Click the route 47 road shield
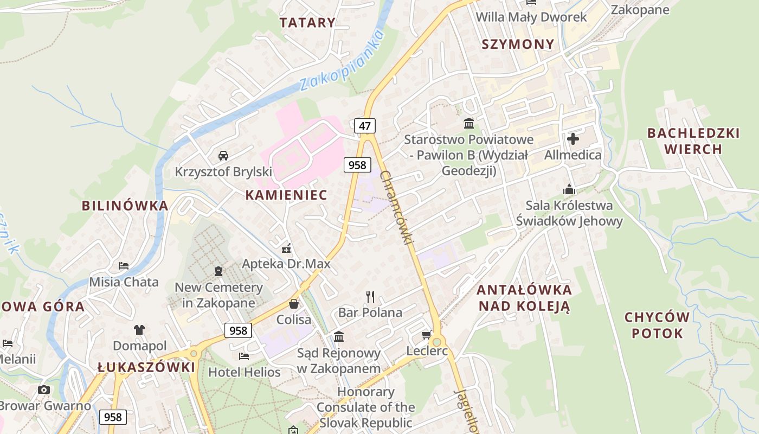365,126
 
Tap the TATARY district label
307,23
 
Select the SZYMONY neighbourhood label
518,44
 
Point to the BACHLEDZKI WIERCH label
693,141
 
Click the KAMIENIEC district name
286,195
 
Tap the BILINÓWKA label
125,206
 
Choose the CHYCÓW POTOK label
657,325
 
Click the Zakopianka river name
342,61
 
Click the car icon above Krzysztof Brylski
223,156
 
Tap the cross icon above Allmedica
573,139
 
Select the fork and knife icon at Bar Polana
370,296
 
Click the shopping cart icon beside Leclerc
427,335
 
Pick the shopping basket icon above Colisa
294,304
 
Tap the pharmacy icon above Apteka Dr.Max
286,248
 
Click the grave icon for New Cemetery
218,271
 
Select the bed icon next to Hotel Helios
244,356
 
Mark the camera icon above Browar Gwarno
44,390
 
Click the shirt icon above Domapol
139,329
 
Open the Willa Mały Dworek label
531,17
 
